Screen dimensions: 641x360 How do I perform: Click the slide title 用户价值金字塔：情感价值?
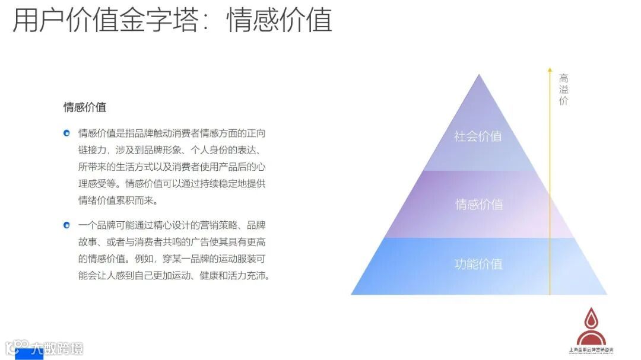point(172,21)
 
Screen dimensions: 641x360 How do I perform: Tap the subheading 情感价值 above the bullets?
point(85,107)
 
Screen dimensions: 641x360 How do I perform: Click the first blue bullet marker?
point(67,132)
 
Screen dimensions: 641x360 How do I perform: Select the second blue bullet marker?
point(67,225)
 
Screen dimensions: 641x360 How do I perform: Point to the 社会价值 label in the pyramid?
point(478,136)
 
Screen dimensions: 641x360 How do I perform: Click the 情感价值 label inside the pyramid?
point(478,204)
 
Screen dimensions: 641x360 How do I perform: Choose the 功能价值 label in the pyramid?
point(478,264)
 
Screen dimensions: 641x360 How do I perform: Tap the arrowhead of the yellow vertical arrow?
point(550,70)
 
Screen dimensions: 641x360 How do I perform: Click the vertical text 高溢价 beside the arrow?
point(563,89)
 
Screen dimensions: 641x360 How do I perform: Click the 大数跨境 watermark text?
point(57,348)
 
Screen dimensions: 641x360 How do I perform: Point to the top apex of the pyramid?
point(479,75)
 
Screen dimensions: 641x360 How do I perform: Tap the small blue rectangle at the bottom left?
point(28,355)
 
